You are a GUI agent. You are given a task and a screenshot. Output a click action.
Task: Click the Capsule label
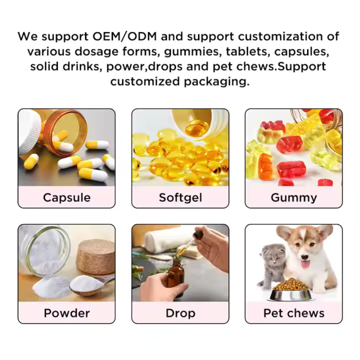tap(67, 197)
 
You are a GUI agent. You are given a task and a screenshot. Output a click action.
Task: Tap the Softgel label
tap(180, 197)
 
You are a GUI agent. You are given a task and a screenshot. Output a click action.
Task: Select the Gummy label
tap(293, 197)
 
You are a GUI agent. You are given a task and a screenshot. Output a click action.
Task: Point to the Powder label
tap(67, 313)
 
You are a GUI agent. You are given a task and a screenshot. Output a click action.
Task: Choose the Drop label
tap(180, 313)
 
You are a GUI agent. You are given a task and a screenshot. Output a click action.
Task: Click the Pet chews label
tap(293, 313)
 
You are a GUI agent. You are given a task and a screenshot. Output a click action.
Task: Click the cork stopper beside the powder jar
tap(95, 256)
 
